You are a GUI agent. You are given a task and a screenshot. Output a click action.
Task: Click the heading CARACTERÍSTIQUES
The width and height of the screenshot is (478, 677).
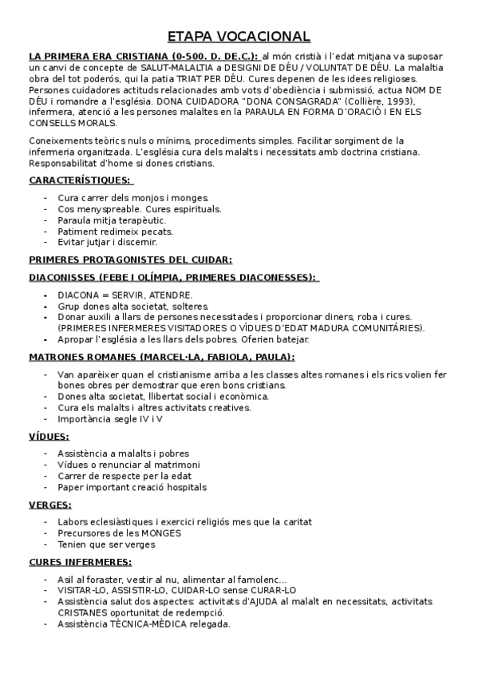pyautogui.click(x=80, y=180)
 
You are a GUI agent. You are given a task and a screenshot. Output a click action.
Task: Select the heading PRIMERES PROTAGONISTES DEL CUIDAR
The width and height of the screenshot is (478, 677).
pyautogui.click(x=130, y=259)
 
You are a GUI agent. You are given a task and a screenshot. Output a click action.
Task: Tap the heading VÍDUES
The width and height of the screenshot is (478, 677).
pyautogui.click(x=49, y=437)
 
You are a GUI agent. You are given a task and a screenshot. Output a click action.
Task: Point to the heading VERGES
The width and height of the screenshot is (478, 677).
pyautogui.click(x=50, y=505)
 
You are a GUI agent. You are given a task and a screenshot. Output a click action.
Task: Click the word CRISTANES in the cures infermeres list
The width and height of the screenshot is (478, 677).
pyautogui.click(x=83, y=612)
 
